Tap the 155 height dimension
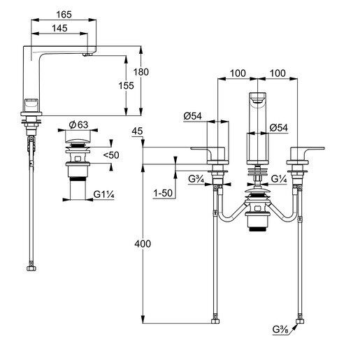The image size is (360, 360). coord(125,85)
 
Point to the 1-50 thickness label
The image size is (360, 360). coord(163,192)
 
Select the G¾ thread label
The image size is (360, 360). coord(195,179)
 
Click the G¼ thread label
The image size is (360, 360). coord(279,179)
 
